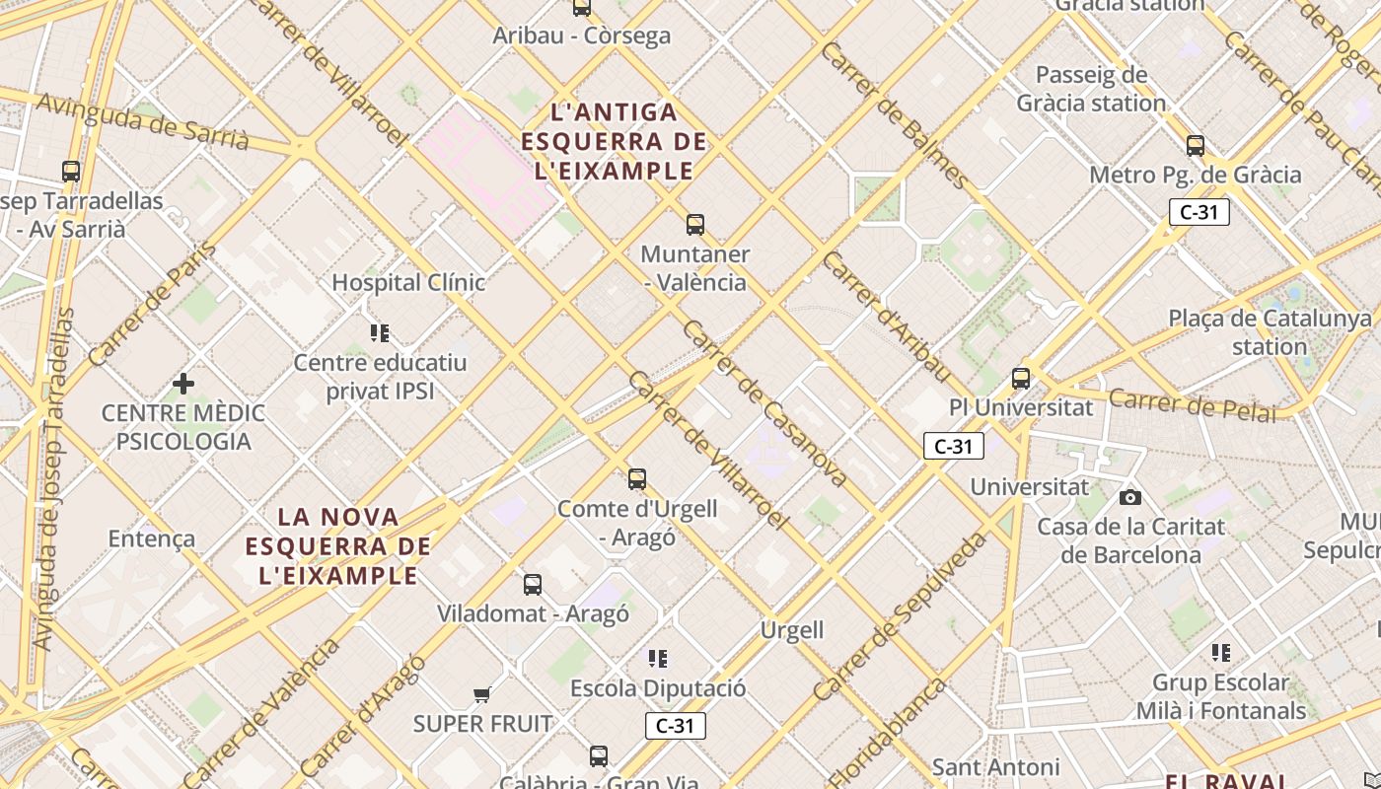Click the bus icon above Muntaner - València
click(x=695, y=225)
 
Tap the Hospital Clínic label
click(x=408, y=283)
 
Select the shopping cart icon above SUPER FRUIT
click(x=482, y=695)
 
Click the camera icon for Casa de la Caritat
click(x=1130, y=497)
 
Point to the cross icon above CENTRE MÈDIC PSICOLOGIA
click(x=183, y=383)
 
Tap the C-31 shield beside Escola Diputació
click(x=676, y=727)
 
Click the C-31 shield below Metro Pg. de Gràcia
click(x=1199, y=212)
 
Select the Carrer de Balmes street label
click(x=894, y=115)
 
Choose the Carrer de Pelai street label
click(x=1192, y=404)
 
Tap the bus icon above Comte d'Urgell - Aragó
click(x=637, y=479)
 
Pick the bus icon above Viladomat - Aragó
click(x=533, y=584)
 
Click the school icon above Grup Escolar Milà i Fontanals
click(x=1221, y=653)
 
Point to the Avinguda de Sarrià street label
click(x=143, y=121)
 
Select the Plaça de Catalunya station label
click(x=1270, y=332)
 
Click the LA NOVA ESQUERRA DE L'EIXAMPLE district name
click(x=338, y=545)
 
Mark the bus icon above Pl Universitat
click(x=1021, y=378)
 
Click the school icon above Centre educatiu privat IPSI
click(x=380, y=333)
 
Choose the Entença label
click(x=151, y=538)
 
